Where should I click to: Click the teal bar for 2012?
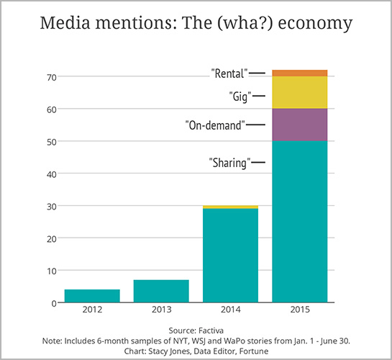tap(92, 296)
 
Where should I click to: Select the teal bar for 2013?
tap(161, 291)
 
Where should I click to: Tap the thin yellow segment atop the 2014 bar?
tap(230, 207)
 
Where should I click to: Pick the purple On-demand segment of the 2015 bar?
tap(300, 125)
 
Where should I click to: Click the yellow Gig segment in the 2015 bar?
tap(300, 92)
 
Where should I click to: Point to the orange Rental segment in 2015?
tap(300, 73)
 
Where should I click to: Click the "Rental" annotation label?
tap(229, 73)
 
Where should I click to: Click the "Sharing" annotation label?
tap(229, 163)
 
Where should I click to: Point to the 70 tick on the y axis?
tap(52, 76)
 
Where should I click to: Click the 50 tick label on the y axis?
tap(52, 141)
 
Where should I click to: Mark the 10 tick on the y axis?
tap(52, 271)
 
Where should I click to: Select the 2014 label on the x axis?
tap(230, 312)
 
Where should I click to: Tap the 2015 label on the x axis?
tap(300, 312)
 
